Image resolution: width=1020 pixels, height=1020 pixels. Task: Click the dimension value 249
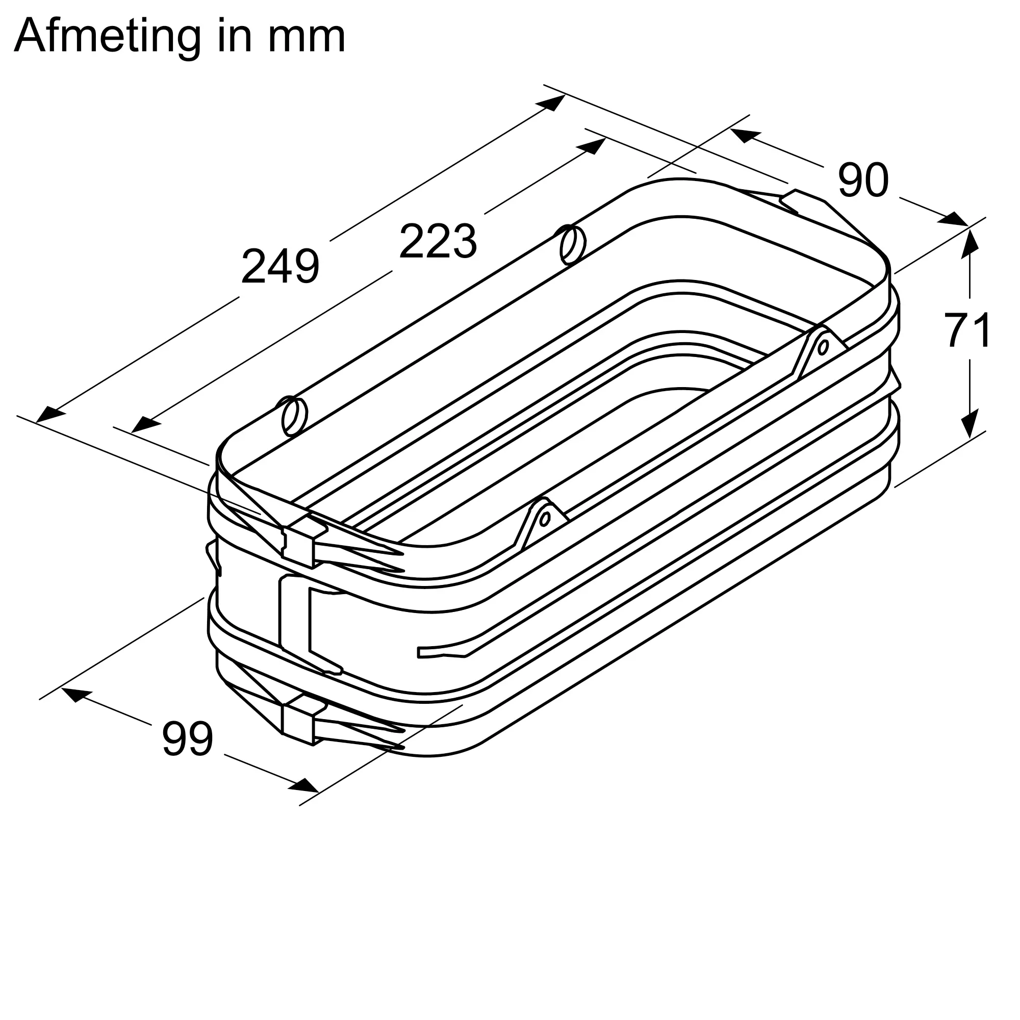(x=280, y=267)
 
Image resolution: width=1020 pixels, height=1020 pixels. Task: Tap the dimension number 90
(x=863, y=180)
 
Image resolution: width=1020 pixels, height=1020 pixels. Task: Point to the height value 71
(x=968, y=330)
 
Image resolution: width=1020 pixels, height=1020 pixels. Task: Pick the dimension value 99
(x=187, y=738)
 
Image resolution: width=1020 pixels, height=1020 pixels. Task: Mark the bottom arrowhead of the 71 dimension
(x=970, y=423)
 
